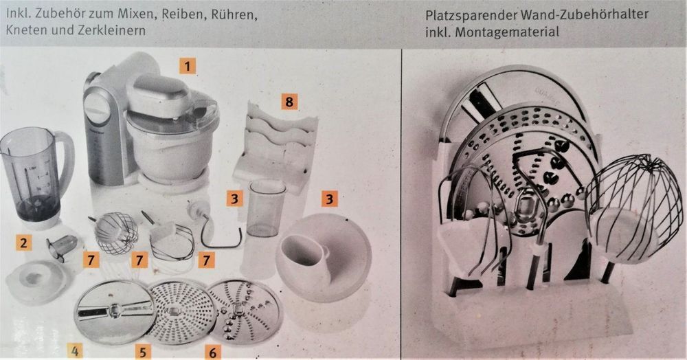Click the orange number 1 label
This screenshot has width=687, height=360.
pos(187,67)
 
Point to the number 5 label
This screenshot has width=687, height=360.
pos(143,353)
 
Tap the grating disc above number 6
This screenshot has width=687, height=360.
pos(245,306)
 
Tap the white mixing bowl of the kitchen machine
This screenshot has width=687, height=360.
pos(165,147)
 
